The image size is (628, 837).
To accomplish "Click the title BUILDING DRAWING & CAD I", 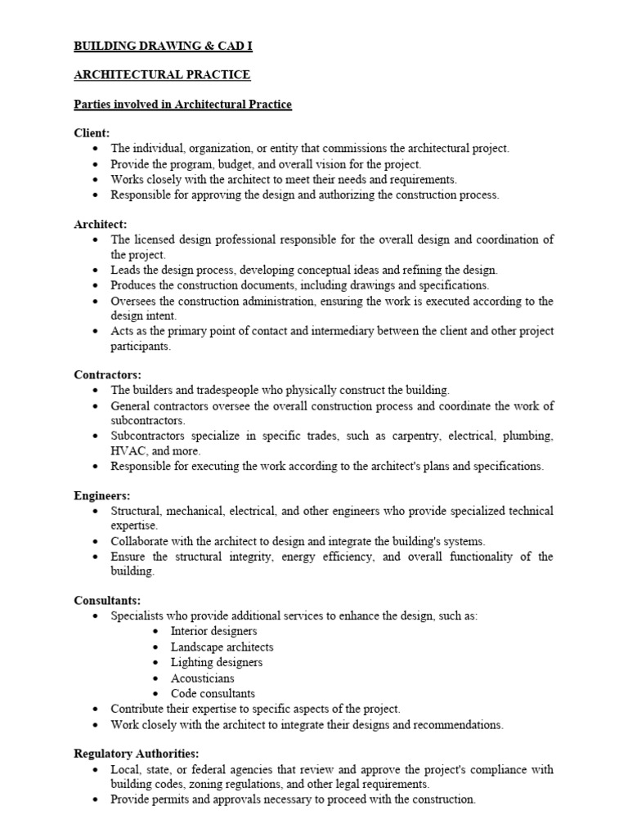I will click(x=164, y=47).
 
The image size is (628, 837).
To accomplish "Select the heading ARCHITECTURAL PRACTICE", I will click(x=162, y=75).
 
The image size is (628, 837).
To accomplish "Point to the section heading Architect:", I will click(x=100, y=223).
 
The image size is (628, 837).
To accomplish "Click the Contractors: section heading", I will click(x=107, y=375).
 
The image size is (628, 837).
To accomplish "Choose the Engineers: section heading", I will click(x=102, y=495).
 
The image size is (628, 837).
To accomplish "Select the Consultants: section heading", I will click(x=107, y=600).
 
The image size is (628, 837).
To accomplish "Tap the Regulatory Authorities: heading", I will click(x=137, y=754).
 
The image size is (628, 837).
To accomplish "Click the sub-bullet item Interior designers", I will click(x=213, y=631).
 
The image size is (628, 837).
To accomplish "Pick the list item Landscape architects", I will click(x=222, y=647).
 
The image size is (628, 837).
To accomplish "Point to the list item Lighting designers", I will click(x=217, y=662).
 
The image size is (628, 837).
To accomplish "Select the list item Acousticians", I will click(x=202, y=678).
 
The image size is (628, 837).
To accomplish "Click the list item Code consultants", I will click(x=213, y=693).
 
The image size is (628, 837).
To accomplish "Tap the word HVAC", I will click(x=127, y=450).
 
